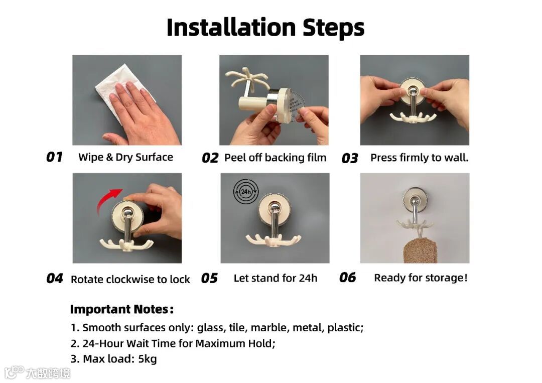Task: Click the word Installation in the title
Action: pos(231,27)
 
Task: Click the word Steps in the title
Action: pos(334,28)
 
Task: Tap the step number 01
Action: pos(54,157)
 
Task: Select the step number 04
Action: pos(55,279)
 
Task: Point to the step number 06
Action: pos(347,277)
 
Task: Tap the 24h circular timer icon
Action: pos(246,192)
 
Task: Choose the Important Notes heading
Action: pos(121,309)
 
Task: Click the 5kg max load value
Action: pos(148,359)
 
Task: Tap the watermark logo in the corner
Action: pos(37,372)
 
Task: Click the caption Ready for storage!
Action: pos(421,278)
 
